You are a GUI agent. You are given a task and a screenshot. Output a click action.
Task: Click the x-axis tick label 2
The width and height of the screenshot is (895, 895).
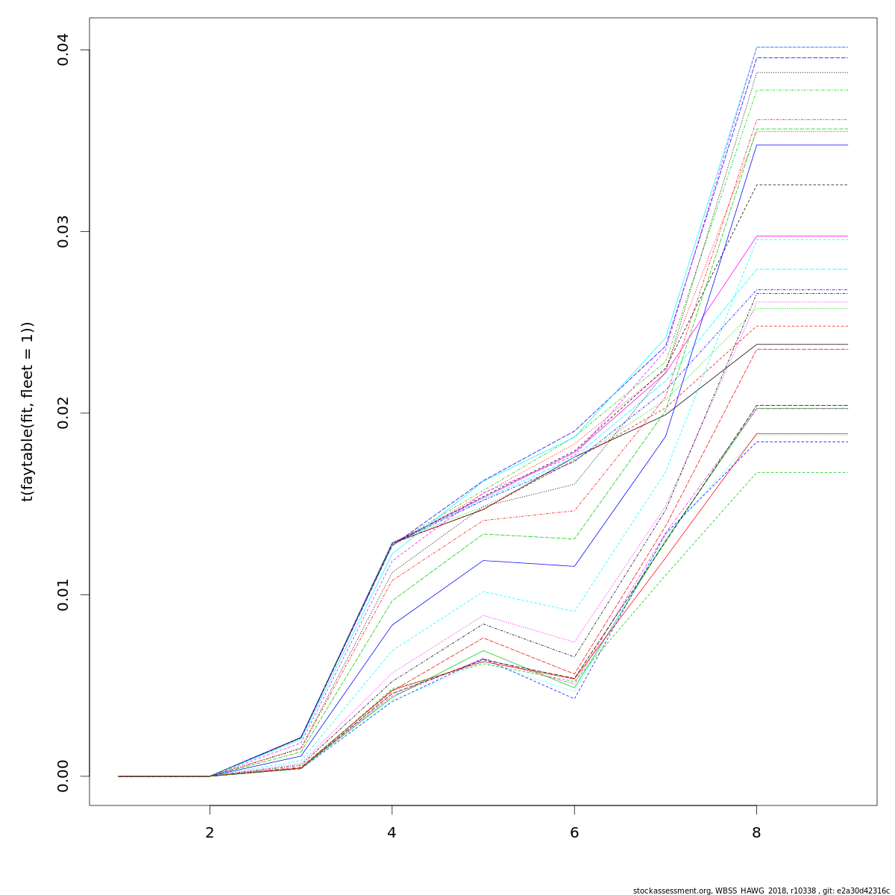pyautogui.click(x=210, y=832)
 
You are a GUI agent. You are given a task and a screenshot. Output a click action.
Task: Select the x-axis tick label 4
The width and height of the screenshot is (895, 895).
pyautogui.click(x=392, y=832)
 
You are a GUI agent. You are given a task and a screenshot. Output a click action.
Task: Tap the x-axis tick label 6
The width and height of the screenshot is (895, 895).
pyautogui.click(x=574, y=832)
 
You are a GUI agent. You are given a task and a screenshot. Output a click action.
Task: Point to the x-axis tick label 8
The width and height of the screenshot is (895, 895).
pyautogui.click(x=756, y=832)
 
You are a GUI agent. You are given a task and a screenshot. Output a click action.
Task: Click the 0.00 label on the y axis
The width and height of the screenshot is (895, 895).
pyautogui.click(x=63, y=776)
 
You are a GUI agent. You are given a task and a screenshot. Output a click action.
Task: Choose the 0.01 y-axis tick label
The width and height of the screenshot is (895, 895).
pyautogui.click(x=63, y=594)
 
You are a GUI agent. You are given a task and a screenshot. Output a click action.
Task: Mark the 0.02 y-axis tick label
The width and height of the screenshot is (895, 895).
pyautogui.click(x=63, y=412)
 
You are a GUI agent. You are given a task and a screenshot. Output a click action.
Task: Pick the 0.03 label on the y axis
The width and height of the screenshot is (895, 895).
pyautogui.click(x=63, y=231)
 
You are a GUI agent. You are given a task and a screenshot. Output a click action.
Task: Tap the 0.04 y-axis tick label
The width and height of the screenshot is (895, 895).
pyautogui.click(x=63, y=50)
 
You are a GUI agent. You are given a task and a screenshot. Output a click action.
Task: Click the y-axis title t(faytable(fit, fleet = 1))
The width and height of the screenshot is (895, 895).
pyautogui.click(x=28, y=412)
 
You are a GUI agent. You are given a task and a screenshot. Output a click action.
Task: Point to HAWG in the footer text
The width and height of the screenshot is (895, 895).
pyautogui.click(x=754, y=891)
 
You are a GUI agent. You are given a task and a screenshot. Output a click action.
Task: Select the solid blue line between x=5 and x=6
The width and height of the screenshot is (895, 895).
pyautogui.click(x=530, y=563)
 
